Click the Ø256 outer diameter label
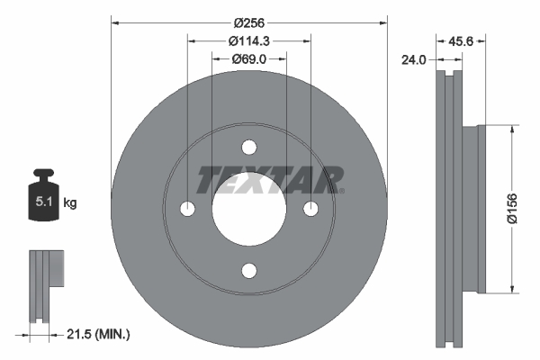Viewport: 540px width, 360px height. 249,22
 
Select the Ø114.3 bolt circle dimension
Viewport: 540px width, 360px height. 249,40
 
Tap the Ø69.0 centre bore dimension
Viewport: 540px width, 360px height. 249,58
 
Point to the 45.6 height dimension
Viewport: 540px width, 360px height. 461,40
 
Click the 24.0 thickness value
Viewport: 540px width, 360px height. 414,61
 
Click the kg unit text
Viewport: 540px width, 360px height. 70,203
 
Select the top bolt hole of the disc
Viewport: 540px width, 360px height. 249,148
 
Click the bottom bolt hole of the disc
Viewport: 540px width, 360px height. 249,270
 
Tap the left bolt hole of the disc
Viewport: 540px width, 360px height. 188,209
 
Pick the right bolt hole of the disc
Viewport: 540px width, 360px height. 310,209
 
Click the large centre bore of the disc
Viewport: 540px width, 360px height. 249,209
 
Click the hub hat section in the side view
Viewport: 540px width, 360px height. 473,208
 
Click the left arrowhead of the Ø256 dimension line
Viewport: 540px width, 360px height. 115,22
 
